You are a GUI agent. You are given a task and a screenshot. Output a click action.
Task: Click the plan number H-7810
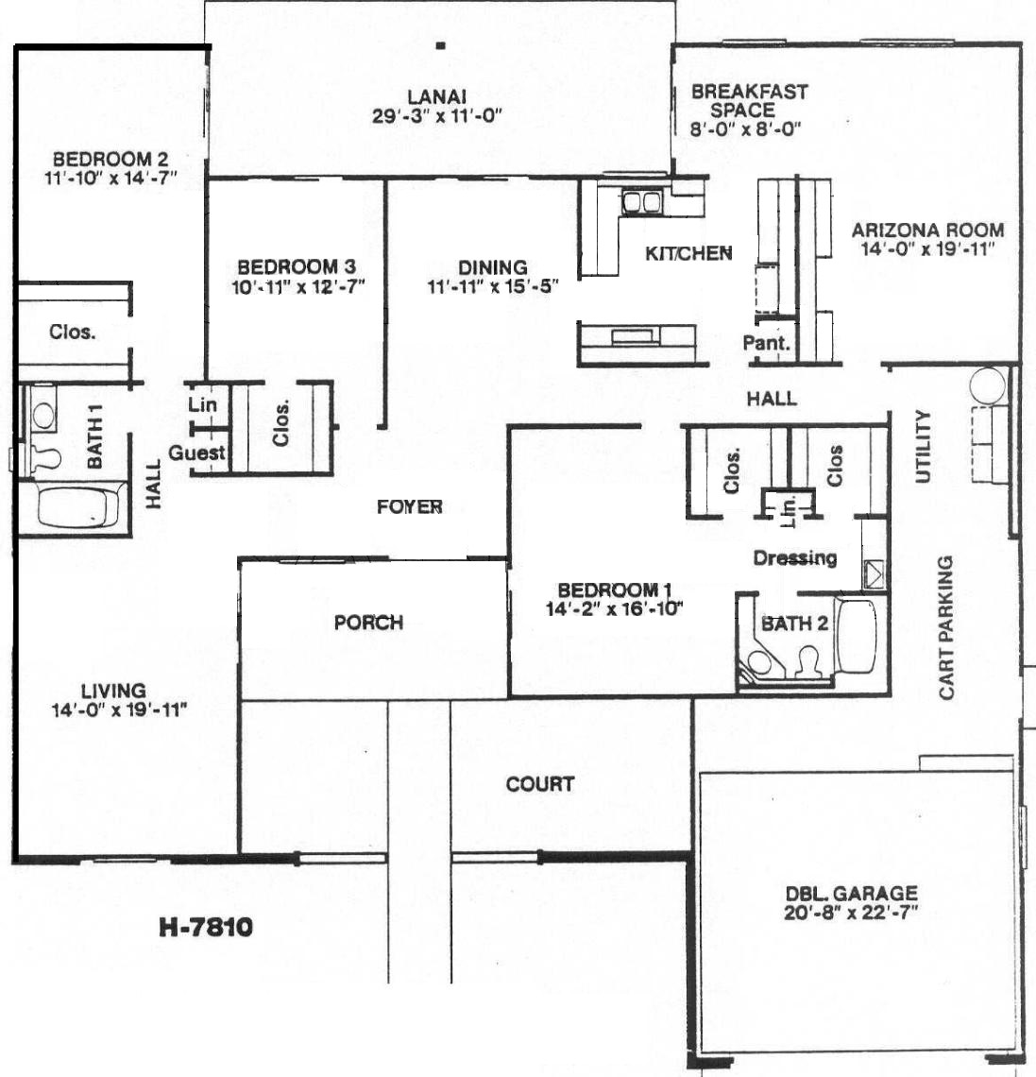coord(206,928)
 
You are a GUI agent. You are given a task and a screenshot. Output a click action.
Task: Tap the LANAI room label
coord(436,97)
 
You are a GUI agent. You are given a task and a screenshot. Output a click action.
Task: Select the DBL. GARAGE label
coord(851,893)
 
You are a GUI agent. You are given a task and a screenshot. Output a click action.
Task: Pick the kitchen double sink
coord(641,202)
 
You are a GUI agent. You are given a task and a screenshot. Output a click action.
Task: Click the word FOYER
coord(409,507)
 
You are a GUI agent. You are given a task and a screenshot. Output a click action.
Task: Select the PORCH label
coord(368,623)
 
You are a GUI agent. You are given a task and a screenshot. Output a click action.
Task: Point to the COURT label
coord(539,784)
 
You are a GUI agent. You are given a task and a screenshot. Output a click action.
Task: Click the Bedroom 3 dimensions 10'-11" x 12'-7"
coord(298,286)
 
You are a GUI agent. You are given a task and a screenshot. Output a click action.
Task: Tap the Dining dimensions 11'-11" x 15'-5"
coord(493,286)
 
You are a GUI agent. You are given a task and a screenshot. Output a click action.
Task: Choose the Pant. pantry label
coord(766,342)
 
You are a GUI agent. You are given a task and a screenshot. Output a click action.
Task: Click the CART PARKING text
coord(946,628)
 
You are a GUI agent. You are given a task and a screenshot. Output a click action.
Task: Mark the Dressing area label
coord(795,557)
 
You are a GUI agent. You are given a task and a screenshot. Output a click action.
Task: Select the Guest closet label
coord(196,453)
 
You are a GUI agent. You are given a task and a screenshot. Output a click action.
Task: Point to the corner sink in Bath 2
coord(758,662)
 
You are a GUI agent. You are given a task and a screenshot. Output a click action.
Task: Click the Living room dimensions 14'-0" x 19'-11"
coord(119,710)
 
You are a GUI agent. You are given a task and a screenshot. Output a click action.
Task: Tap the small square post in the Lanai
coord(441,46)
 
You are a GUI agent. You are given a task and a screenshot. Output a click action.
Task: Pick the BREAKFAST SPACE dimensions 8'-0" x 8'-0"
coord(745,128)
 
